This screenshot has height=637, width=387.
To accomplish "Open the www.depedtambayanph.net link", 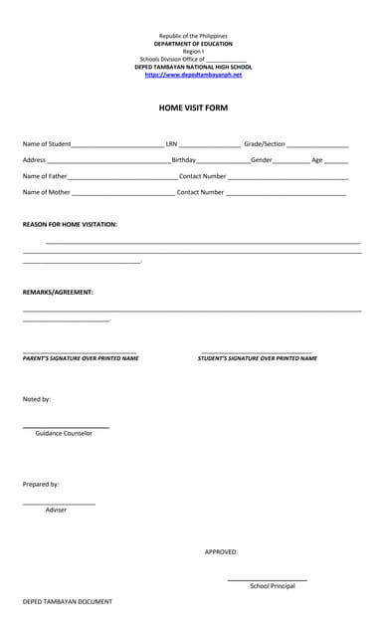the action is pyautogui.click(x=193, y=75).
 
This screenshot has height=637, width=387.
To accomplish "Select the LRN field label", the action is pyautogui.click(x=171, y=144).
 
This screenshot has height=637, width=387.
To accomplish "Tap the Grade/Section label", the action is pyautogui.click(x=265, y=144).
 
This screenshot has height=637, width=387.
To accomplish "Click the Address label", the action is pyautogui.click(x=34, y=160).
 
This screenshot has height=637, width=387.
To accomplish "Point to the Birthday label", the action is pyautogui.click(x=183, y=160).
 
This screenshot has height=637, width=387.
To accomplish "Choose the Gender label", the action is pyautogui.click(x=261, y=160).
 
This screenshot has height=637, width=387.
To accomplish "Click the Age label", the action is pyautogui.click(x=316, y=160).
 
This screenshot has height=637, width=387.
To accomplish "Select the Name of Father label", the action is pyautogui.click(x=45, y=176).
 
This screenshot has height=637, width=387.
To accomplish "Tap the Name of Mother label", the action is pyautogui.click(x=46, y=192).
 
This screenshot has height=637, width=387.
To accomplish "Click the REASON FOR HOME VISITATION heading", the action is pyautogui.click(x=70, y=225).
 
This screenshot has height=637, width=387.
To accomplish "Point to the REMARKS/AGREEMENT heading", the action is pyautogui.click(x=58, y=293).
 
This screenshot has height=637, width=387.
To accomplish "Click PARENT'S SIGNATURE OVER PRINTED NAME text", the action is pyautogui.click(x=81, y=358).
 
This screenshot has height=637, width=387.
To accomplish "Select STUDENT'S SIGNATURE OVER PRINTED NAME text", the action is pyautogui.click(x=257, y=358).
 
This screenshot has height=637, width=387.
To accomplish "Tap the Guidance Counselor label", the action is pyautogui.click(x=64, y=433).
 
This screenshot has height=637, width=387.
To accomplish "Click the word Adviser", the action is pyautogui.click(x=56, y=510).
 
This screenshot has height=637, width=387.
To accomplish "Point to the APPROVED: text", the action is pyautogui.click(x=221, y=551).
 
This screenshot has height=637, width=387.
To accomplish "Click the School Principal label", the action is pyautogui.click(x=272, y=586).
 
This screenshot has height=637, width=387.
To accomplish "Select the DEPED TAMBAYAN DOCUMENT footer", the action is pyautogui.click(x=68, y=602).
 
